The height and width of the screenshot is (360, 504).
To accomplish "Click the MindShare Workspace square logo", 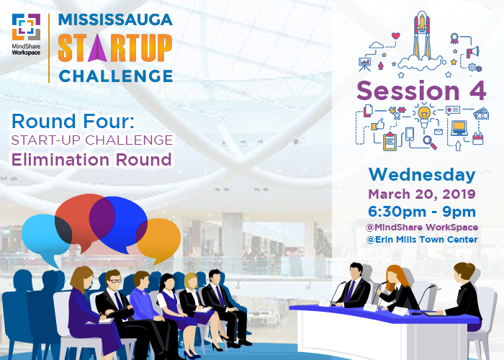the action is (x=26, y=27).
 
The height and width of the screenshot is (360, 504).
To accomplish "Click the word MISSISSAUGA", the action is (x=115, y=19).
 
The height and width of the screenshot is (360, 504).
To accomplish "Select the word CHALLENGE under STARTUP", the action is (x=116, y=76).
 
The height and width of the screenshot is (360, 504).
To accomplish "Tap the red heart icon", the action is (x=396, y=36).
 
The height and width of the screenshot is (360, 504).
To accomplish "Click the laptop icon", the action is (x=459, y=128).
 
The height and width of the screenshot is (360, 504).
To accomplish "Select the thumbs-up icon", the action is (x=378, y=124).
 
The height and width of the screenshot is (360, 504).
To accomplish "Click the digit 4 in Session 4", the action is (x=477, y=91).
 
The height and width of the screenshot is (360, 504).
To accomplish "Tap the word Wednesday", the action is (x=422, y=175).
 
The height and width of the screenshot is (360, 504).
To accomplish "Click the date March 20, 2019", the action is (x=422, y=194).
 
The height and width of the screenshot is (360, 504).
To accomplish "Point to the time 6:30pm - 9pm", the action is (x=422, y=212).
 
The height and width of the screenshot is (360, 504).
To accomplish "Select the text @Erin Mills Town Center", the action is (x=422, y=240).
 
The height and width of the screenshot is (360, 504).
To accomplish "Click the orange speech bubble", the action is (x=159, y=238).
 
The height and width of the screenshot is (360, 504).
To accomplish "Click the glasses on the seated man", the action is (x=114, y=281).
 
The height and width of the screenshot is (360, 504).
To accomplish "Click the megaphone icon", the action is (x=473, y=51).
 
